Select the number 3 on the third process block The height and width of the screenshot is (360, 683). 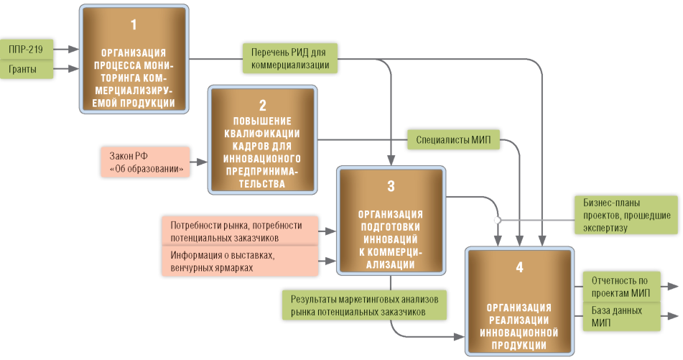(391, 186)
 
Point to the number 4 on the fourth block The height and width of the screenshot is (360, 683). (519, 268)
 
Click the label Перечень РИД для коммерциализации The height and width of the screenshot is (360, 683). (291, 58)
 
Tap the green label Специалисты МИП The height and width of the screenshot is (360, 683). (453, 139)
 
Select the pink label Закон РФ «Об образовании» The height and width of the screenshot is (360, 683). (146, 162)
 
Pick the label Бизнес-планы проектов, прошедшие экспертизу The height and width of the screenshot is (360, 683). (626, 215)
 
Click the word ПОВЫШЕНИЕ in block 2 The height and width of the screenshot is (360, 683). (262, 120)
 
